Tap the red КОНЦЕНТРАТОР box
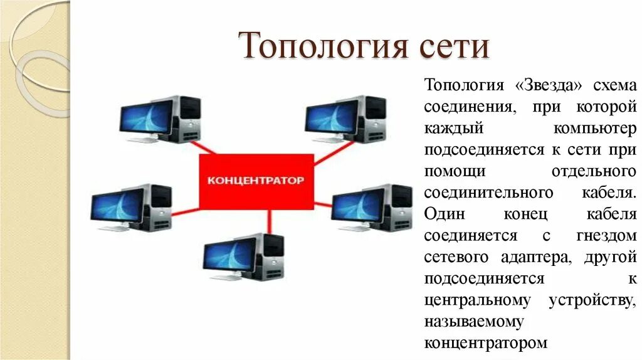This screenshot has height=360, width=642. click(255, 180)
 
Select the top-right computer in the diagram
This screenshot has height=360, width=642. click(344, 119)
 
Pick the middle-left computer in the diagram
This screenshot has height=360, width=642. click(130, 208)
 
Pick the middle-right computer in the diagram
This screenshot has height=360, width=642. click(371, 208)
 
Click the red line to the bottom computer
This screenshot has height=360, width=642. click(270, 221)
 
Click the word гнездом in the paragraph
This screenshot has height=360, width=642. click(606, 236)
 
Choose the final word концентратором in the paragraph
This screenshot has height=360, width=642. click(486, 343)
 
